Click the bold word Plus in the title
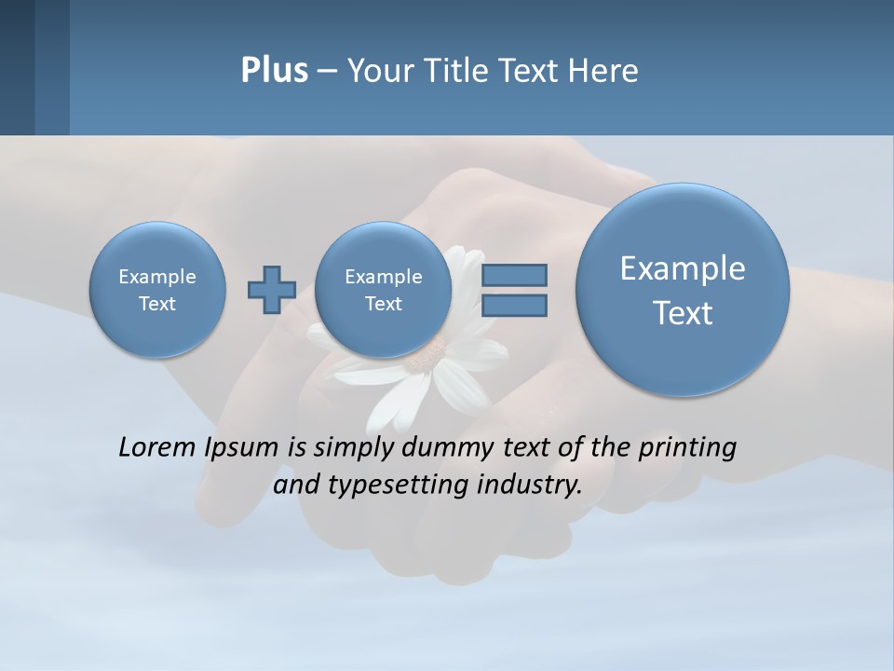click(x=274, y=71)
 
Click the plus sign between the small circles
click(x=272, y=289)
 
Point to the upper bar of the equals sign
click(x=513, y=275)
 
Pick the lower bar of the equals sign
click(x=513, y=305)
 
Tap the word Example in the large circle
click(x=683, y=268)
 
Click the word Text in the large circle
click(x=683, y=313)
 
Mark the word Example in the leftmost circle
click(x=157, y=277)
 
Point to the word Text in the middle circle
click(x=384, y=304)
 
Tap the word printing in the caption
click(x=686, y=448)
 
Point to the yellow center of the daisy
click(x=430, y=352)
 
